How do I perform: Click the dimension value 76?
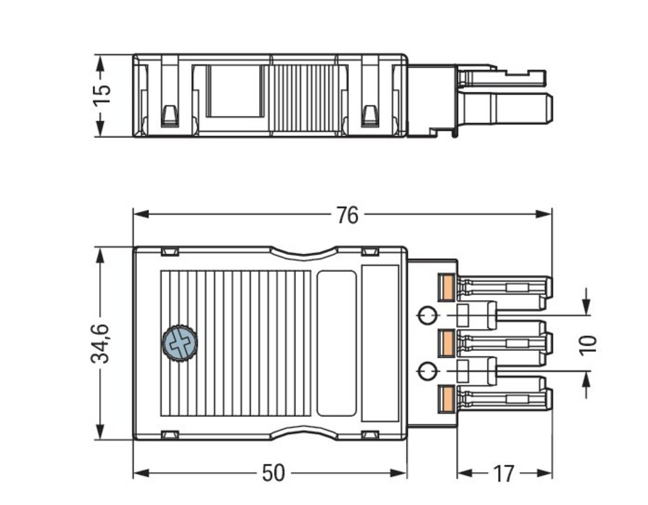pyautogui.click(x=347, y=215)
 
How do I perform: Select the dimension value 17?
pyautogui.click(x=503, y=473)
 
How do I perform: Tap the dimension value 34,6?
pyautogui.click(x=101, y=343)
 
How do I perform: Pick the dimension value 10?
pyautogui.click(x=588, y=345)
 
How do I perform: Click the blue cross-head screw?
pyautogui.click(x=180, y=343)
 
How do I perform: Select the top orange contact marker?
pyautogui.click(x=446, y=288)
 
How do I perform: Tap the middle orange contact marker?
pyautogui.click(x=446, y=343)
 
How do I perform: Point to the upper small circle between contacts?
pyautogui.click(x=428, y=315)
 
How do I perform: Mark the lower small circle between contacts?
pyautogui.click(x=428, y=371)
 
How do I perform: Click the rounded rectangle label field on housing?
pyautogui.click(x=337, y=343)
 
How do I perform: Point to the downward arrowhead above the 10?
pyautogui.click(x=586, y=306)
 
